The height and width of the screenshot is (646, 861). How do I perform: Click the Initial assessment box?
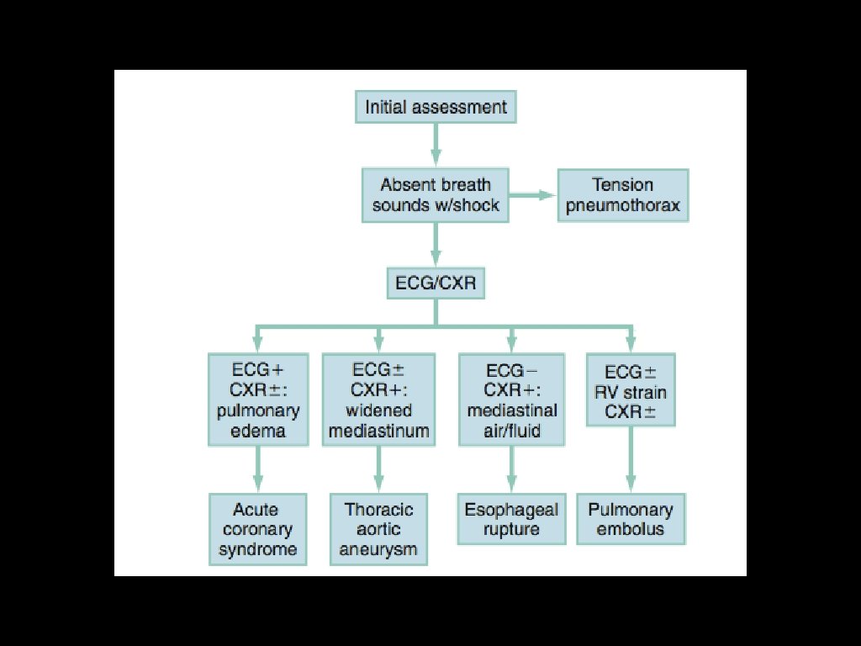(x=435, y=108)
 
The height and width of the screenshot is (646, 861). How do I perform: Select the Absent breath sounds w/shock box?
(x=435, y=195)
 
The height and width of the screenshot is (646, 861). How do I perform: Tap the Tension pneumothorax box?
(x=622, y=195)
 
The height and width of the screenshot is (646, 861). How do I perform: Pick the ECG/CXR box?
(x=435, y=283)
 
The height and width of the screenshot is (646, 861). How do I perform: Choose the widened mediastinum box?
(x=378, y=400)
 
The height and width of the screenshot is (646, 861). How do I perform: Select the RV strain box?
(x=631, y=391)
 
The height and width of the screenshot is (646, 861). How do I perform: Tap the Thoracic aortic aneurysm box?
(x=378, y=530)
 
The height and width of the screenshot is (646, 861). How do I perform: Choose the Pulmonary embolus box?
(x=631, y=520)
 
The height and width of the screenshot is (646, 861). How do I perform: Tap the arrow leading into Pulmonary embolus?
(x=631, y=461)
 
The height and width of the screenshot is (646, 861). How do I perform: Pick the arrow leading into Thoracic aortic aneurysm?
(x=378, y=469)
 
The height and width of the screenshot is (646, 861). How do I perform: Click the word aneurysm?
(x=378, y=550)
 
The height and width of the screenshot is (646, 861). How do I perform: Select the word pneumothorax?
(x=622, y=205)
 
